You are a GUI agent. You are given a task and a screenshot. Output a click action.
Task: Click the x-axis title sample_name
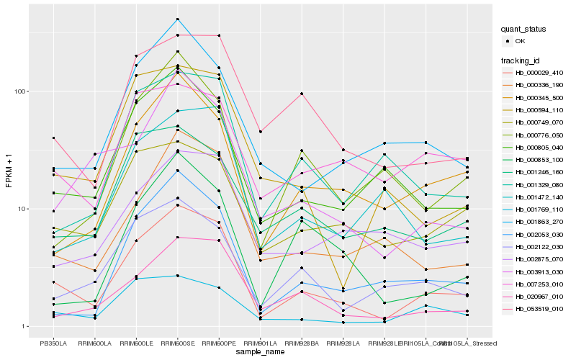pos(260,353)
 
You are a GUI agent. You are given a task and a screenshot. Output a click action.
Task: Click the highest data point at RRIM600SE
pos(177,19)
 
